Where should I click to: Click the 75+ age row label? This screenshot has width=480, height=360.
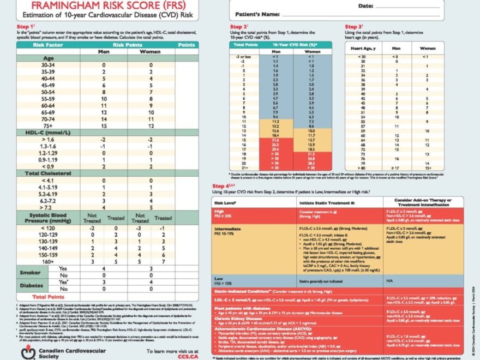47,127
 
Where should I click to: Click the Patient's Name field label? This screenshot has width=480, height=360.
254,13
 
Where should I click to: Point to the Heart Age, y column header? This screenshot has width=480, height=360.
363,48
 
